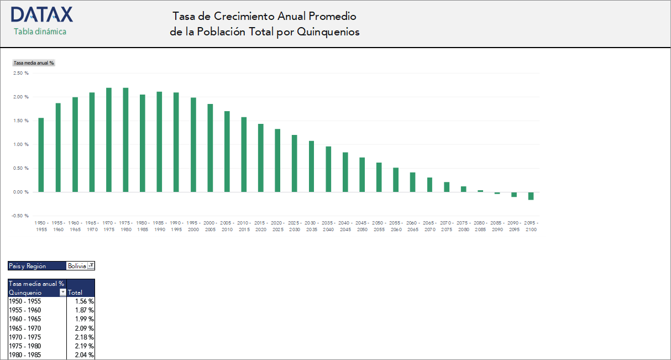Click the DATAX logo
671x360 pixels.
coord(41,15)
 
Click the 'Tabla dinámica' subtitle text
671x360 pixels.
coord(40,32)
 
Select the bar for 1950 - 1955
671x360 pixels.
coord(41,155)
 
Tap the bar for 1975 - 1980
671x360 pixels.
coord(125,140)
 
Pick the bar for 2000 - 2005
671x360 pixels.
coord(210,148)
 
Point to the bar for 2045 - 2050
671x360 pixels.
coord(362,175)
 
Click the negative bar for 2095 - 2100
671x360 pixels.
coord(531,196)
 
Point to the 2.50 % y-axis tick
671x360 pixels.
coord(21,73)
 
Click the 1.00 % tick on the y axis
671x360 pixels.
coord(21,144)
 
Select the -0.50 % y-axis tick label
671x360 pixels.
coord(20,216)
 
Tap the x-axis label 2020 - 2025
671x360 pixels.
coord(277,226)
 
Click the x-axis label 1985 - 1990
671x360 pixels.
coord(159,226)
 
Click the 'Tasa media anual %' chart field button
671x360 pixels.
coord(34,63)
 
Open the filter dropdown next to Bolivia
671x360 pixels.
coord(91,266)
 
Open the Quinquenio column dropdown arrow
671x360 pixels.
coord(63,293)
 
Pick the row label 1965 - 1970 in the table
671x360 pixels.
coord(25,328)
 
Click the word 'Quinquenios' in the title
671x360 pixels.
coord(328,32)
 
